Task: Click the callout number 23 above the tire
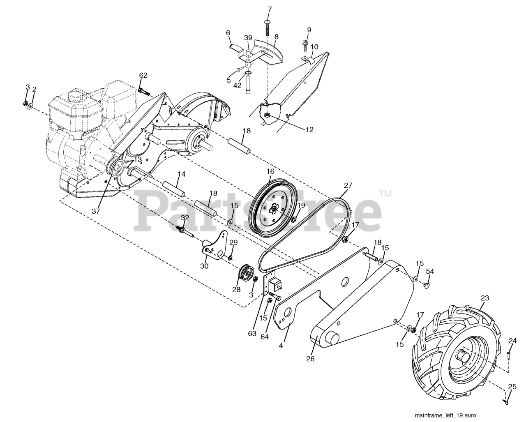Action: [x=485, y=298]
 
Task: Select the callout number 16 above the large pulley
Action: [x=270, y=171]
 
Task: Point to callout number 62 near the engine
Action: [x=143, y=75]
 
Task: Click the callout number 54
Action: [x=430, y=271]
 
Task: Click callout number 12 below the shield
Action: [x=309, y=129]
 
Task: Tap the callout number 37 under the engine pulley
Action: [x=96, y=211]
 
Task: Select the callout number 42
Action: [x=238, y=85]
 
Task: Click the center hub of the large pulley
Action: [x=273, y=210]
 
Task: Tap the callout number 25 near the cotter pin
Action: [x=512, y=387]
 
